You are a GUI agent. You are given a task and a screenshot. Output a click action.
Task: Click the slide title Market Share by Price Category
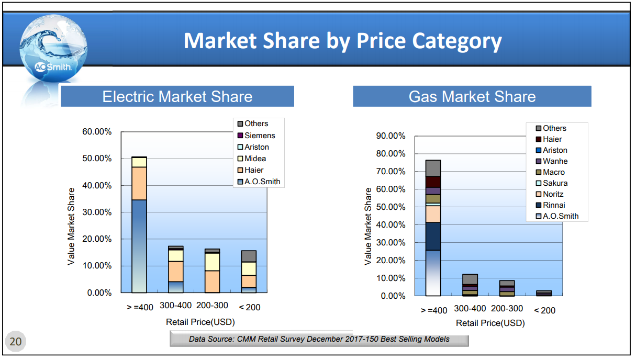click(342, 41)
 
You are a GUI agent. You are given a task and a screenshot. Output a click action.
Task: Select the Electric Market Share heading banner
click(177, 97)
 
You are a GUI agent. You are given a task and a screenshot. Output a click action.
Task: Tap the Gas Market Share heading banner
click(472, 97)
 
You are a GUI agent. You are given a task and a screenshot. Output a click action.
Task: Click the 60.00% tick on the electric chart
click(97, 132)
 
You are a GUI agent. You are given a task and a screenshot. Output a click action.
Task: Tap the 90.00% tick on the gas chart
click(390, 136)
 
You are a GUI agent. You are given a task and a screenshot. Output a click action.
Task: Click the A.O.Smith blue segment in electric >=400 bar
click(139, 246)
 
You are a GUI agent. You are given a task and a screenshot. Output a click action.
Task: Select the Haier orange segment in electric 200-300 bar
click(212, 282)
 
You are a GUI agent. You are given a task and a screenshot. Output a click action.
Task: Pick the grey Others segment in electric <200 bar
click(249, 256)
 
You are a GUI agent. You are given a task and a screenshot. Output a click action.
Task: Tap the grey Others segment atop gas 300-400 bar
click(470, 279)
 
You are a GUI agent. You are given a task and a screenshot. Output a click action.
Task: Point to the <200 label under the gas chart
click(544, 310)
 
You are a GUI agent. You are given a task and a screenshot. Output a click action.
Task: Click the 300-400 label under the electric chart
click(175, 306)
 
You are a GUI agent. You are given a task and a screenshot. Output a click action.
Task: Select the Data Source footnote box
click(319, 339)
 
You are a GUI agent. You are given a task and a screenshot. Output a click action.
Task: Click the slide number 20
click(16, 342)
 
